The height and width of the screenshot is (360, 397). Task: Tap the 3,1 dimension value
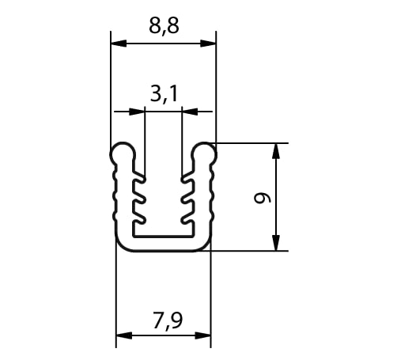pos(164,94)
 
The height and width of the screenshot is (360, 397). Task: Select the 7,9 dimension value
pos(168,321)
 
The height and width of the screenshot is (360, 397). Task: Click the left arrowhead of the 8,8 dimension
pos(119,44)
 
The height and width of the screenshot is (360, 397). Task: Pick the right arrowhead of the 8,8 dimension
pos(208,44)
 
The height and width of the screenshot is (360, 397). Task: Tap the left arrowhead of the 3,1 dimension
pos(137,112)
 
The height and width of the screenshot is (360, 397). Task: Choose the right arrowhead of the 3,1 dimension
pos(190,112)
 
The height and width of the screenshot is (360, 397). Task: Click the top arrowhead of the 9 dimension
pos(276,151)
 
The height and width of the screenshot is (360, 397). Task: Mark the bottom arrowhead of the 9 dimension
pos(276,243)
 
